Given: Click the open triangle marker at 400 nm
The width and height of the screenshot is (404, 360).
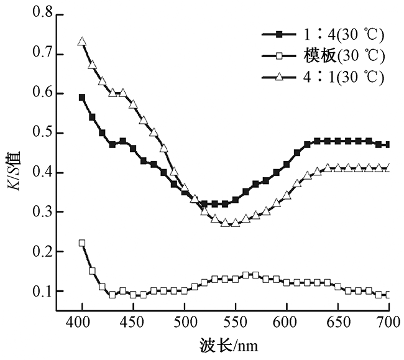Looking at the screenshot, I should pyautogui.click(x=82, y=42).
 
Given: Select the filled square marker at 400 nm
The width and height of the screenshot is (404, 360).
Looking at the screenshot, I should pyautogui.click(x=82, y=97).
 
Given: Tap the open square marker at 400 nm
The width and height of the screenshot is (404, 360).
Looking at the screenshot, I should pyautogui.click(x=82, y=243).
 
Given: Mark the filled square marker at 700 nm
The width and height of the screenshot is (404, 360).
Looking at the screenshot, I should pyautogui.click(x=388, y=144).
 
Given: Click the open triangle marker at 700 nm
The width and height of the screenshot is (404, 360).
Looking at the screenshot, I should pyautogui.click(x=388, y=167).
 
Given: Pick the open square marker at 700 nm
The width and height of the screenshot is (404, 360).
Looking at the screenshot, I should pyautogui.click(x=388, y=295).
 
